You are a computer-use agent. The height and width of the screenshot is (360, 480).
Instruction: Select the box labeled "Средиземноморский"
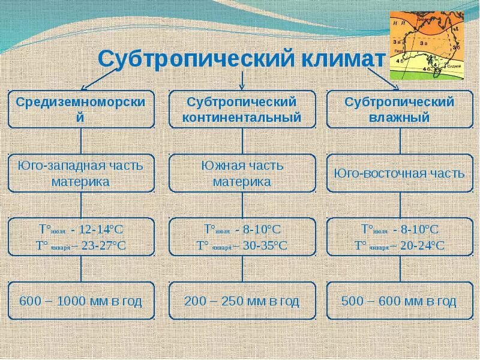coord(80,109)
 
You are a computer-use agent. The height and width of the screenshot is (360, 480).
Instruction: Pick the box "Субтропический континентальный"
coord(242,109)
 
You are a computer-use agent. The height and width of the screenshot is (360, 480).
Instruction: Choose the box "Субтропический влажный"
coord(400,109)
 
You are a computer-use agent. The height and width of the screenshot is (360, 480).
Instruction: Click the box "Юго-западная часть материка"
coord(80,173)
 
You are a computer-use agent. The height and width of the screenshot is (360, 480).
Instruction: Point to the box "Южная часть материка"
coord(242,173)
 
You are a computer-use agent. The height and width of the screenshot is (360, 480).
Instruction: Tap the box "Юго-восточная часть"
coord(400,173)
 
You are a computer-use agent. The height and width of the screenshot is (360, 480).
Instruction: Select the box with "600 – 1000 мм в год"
coord(80,301)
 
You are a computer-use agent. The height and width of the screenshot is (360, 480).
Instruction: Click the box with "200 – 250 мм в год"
coord(242,301)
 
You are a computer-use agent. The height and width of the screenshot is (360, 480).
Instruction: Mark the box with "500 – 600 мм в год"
coord(400,301)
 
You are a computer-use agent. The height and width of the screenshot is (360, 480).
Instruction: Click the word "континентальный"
coord(242,118)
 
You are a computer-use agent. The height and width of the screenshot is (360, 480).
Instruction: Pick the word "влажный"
coord(400,118)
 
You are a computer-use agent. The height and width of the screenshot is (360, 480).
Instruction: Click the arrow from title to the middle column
coord(242,80)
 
